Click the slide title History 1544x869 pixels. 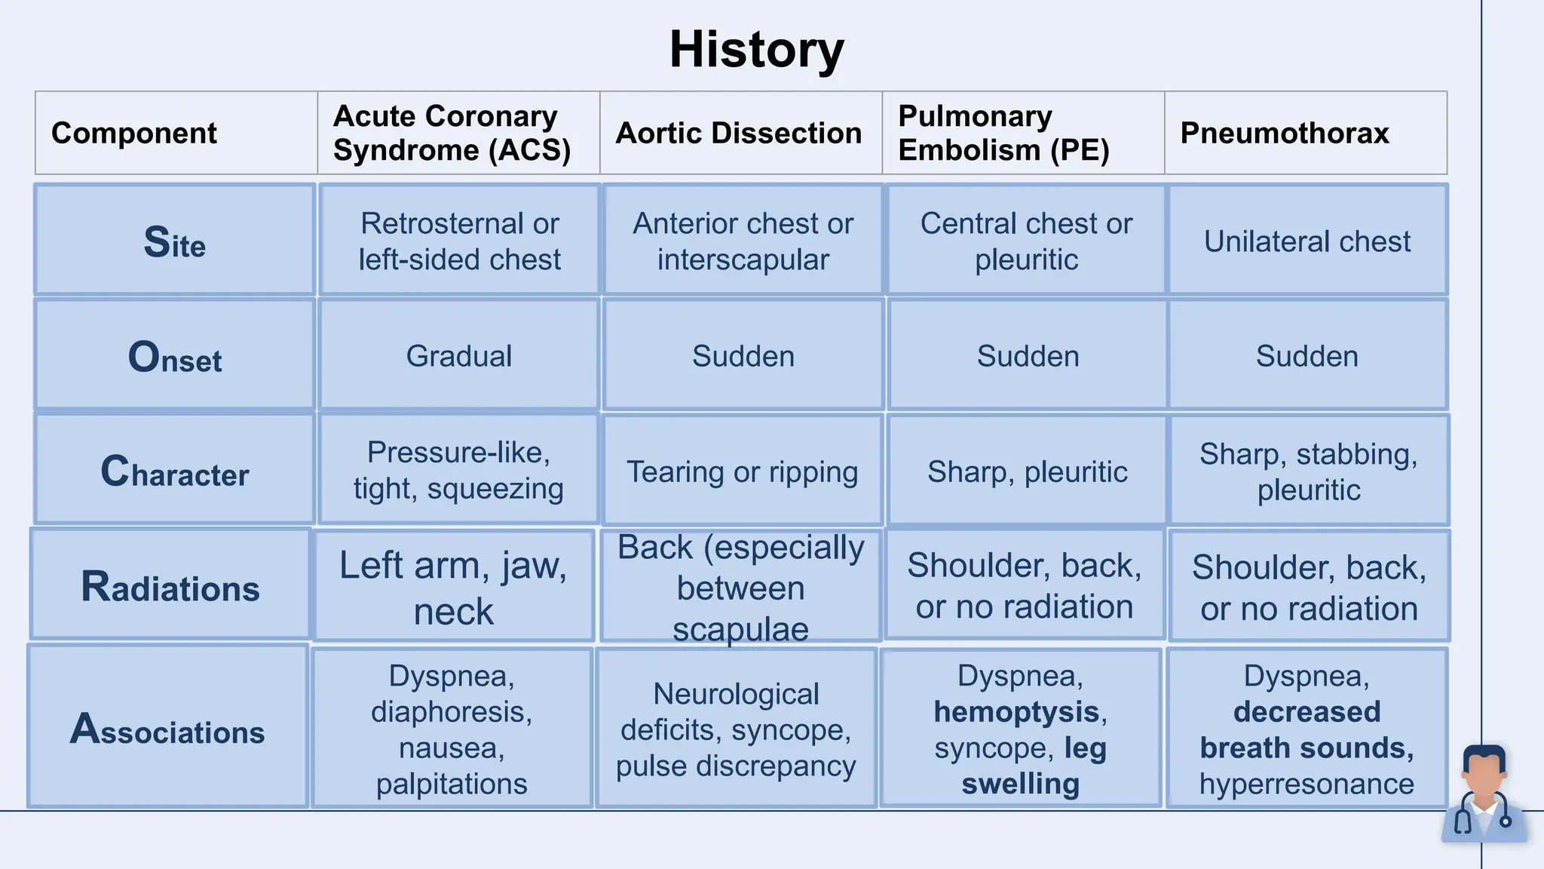pyautogui.click(x=756, y=51)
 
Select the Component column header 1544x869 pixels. pyautogui.click(x=133, y=134)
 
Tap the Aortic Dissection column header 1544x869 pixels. pyautogui.click(x=738, y=134)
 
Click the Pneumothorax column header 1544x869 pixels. pyautogui.click(x=1284, y=134)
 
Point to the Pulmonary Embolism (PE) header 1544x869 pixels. pyautogui.click(x=1003, y=134)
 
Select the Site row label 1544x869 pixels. pyautogui.click(x=174, y=242)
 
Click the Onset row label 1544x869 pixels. pyautogui.click(x=174, y=357)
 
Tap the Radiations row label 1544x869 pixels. pyautogui.click(x=170, y=587)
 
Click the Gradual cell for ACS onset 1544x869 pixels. pyautogui.click(x=458, y=356)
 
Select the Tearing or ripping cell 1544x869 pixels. pyautogui.click(x=742, y=472)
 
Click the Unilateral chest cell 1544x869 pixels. pyautogui.click(x=1307, y=241)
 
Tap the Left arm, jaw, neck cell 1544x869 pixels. pyautogui.click(x=453, y=587)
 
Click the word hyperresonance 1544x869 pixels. pyautogui.click(x=1307, y=785)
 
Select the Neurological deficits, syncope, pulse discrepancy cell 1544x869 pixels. pyautogui.click(x=736, y=729)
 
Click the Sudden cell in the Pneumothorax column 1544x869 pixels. pyautogui.click(x=1307, y=356)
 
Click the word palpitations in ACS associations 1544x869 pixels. pyautogui.click(x=452, y=785)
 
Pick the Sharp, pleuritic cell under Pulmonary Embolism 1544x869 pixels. pyautogui.click(x=1027, y=472)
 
